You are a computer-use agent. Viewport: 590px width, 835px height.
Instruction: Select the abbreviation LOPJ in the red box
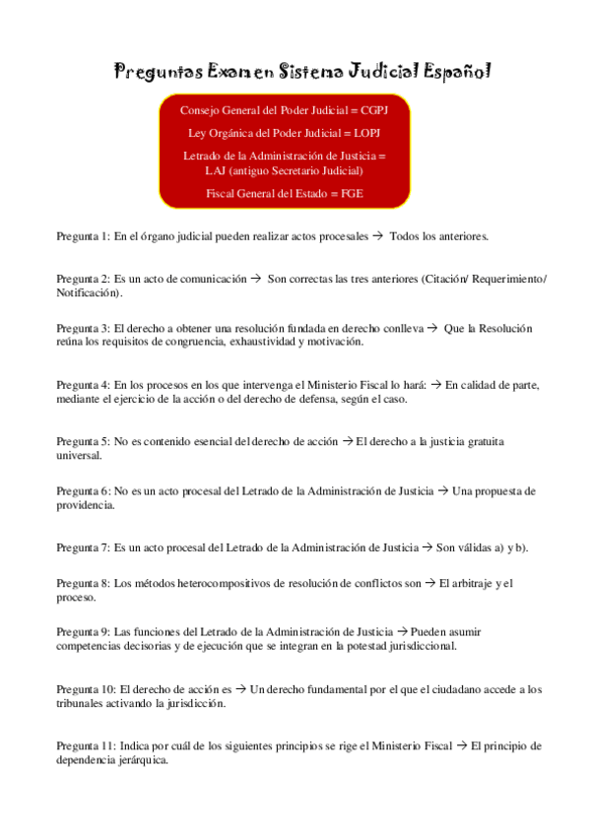(365, 133)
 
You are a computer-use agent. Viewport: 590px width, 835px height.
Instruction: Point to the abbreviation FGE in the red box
(350, 193)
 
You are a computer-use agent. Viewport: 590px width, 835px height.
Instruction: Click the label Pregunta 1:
(83, 237)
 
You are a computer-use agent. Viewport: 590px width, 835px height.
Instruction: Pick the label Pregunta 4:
(83, 385)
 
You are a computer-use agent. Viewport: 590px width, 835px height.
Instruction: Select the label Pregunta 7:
(83, 546)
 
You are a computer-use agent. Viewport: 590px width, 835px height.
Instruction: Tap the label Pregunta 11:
(86, 745)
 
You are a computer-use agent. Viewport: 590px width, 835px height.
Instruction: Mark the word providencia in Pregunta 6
(85, 504)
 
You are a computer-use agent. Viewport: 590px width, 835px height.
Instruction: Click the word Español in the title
(457, 72)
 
